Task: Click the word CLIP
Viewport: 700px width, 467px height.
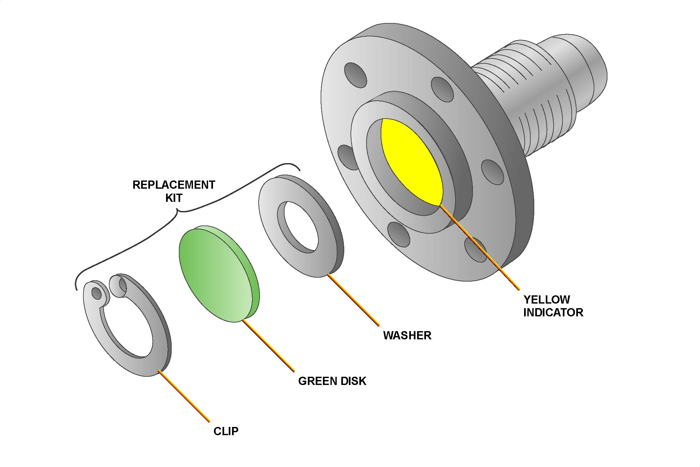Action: (x=226, y=431)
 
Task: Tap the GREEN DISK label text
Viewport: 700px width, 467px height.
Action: (x=332, y=381)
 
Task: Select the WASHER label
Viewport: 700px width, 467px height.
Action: (x=407, y=335)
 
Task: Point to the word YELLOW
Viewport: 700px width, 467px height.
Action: (x=547, y=299)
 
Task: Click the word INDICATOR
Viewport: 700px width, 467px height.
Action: (x=553, y=312)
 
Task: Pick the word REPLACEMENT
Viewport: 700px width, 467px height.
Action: (x=174, y=185)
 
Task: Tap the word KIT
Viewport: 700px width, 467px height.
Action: (x=174, y=198)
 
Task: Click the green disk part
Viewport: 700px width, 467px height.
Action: (x=219, y=274)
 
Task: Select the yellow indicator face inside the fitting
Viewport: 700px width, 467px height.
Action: (x=411, y=161)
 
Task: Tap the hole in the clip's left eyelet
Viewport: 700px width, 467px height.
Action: (x=96, y=293)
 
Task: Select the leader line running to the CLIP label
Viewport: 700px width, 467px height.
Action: (x=184, y=395)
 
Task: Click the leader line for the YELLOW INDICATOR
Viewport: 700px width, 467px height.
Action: (x=479, y=247)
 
